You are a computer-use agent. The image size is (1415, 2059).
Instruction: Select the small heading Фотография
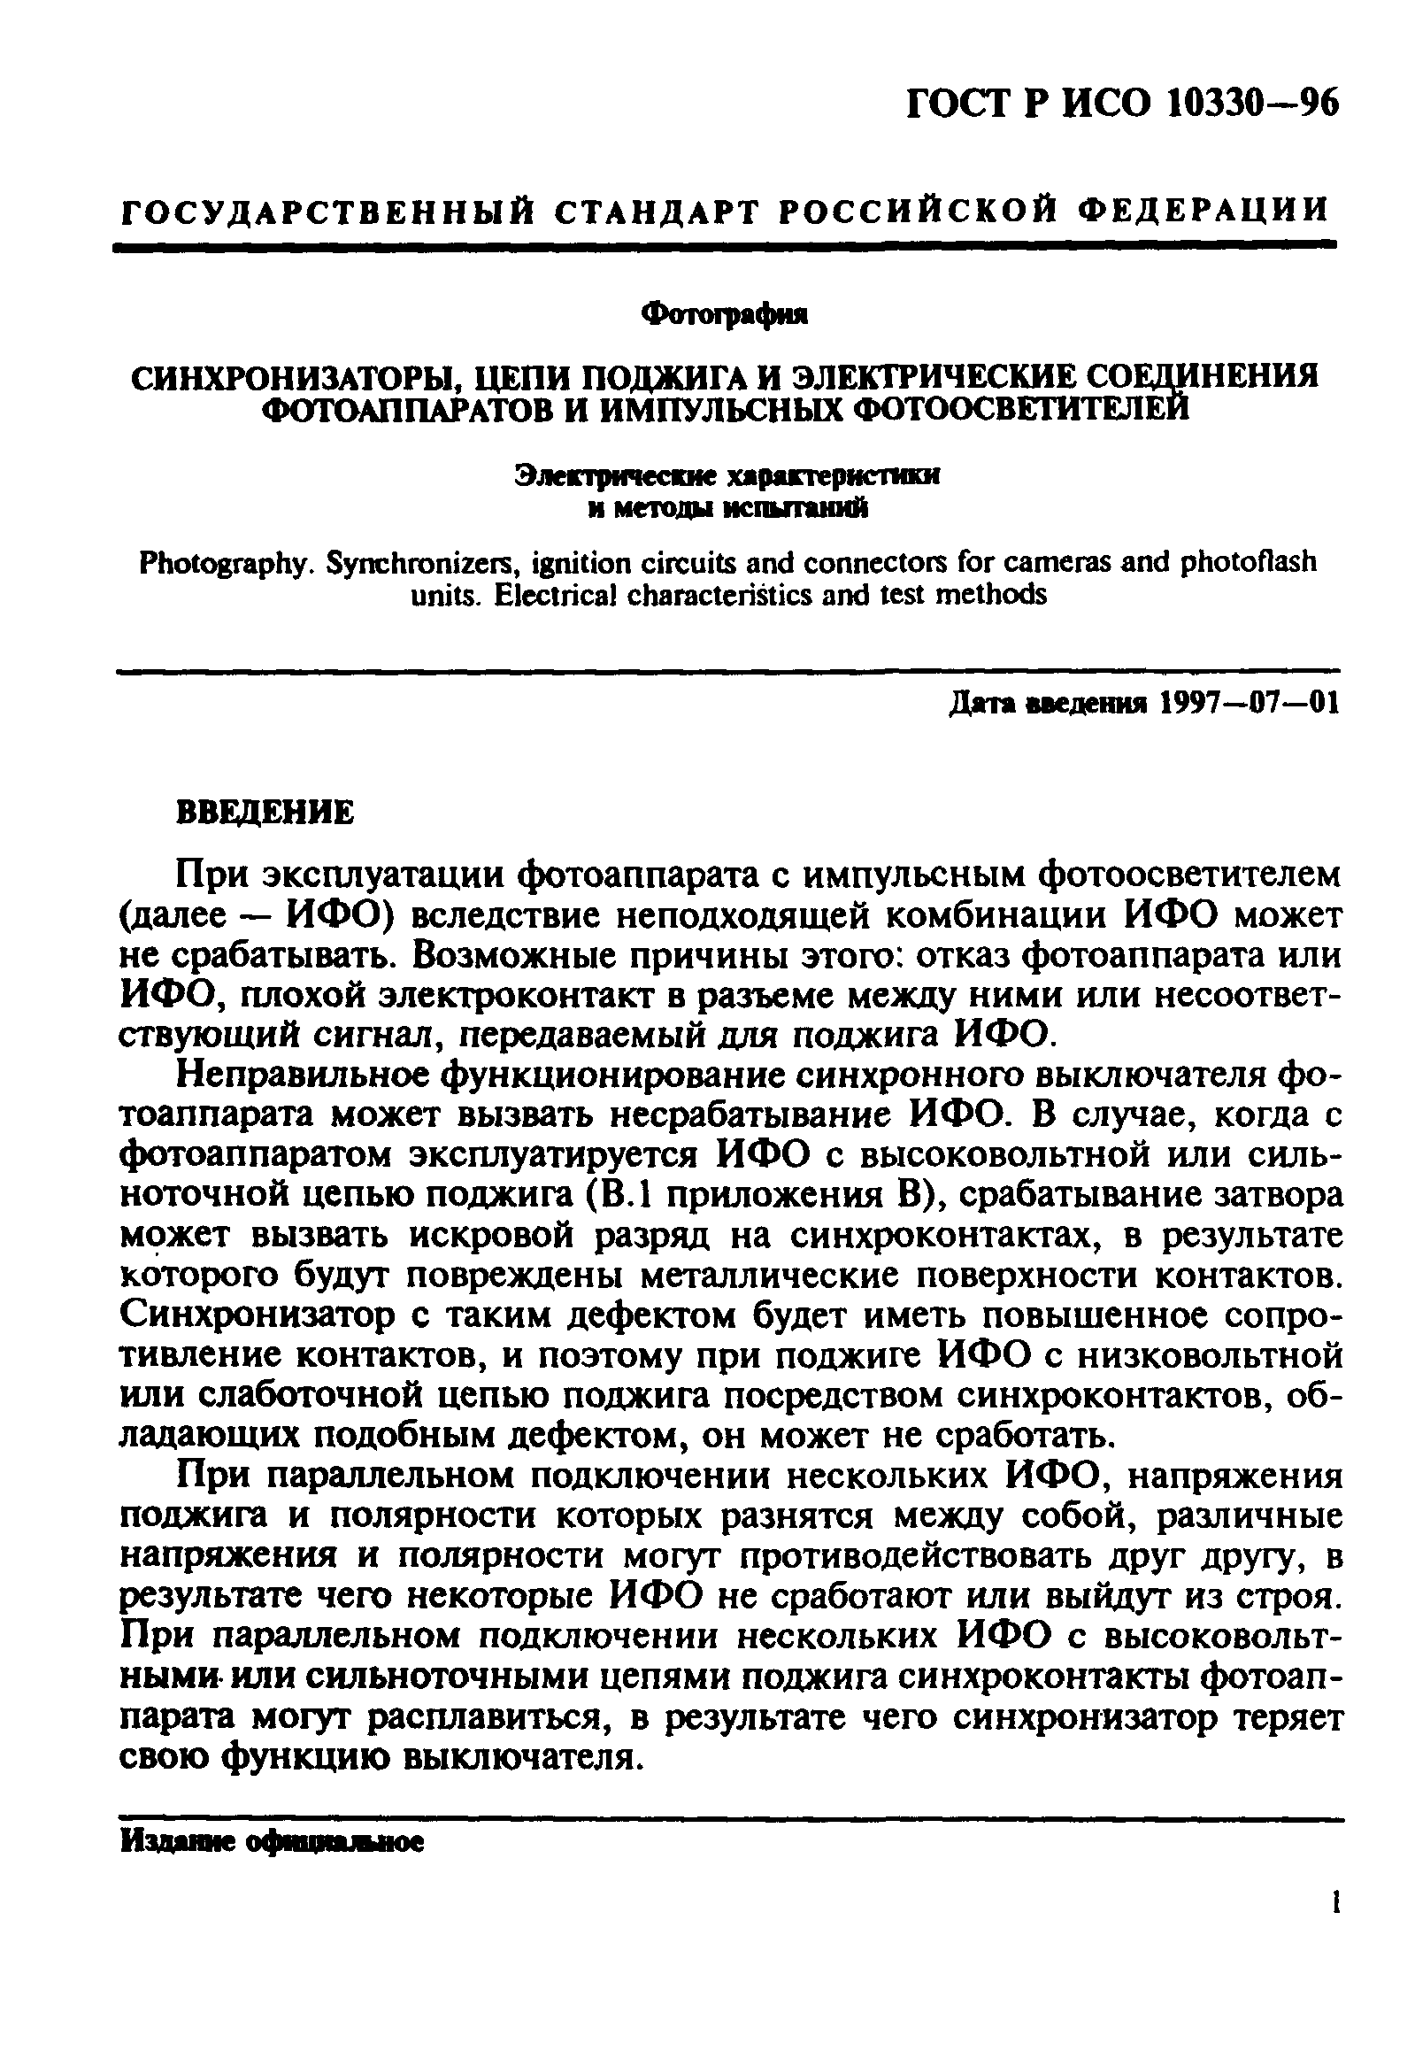[x=726, y=314]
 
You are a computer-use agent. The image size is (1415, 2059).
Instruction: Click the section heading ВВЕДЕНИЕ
[x=266, y=813]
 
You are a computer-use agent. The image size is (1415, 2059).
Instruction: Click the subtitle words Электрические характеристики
[x=727, y=476]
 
